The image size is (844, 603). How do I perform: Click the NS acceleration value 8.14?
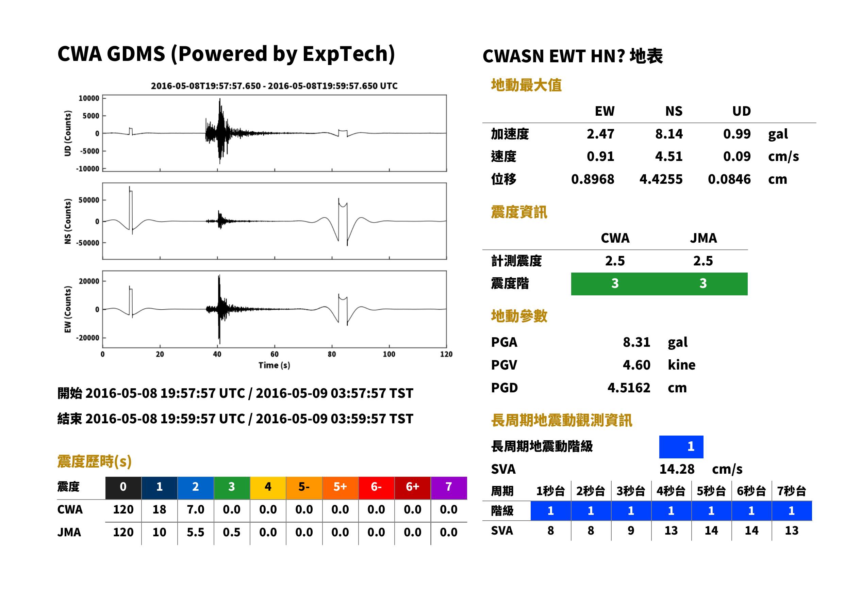tap(668, 134)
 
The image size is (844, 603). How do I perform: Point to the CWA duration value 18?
tap(159, 509)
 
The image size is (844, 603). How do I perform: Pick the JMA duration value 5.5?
tap(195, 532)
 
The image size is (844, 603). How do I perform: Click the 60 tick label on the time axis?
tap(274, 354)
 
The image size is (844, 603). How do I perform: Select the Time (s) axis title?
tap(274, 365)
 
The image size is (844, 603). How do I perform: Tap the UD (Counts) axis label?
tap(68, 133)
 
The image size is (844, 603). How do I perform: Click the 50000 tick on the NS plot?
tap(89, 200)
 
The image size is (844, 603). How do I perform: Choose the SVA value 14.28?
tap(677, 469)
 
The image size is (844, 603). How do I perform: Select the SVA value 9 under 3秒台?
tap(631, 531)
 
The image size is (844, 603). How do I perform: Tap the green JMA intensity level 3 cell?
tap(703, 284)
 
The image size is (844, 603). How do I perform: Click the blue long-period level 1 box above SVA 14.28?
tap(681, 447)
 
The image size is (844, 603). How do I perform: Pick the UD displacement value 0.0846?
tap(729, 179)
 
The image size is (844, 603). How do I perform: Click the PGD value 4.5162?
tap(629, 388)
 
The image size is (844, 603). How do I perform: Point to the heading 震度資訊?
tap(519, 212)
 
